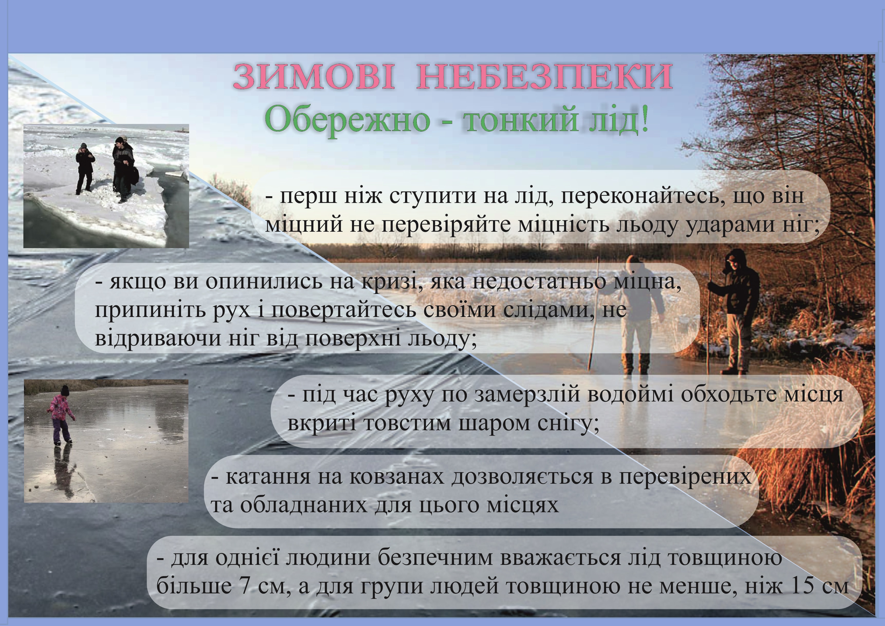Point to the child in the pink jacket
[62, 417]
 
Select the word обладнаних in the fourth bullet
[304, 505]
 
